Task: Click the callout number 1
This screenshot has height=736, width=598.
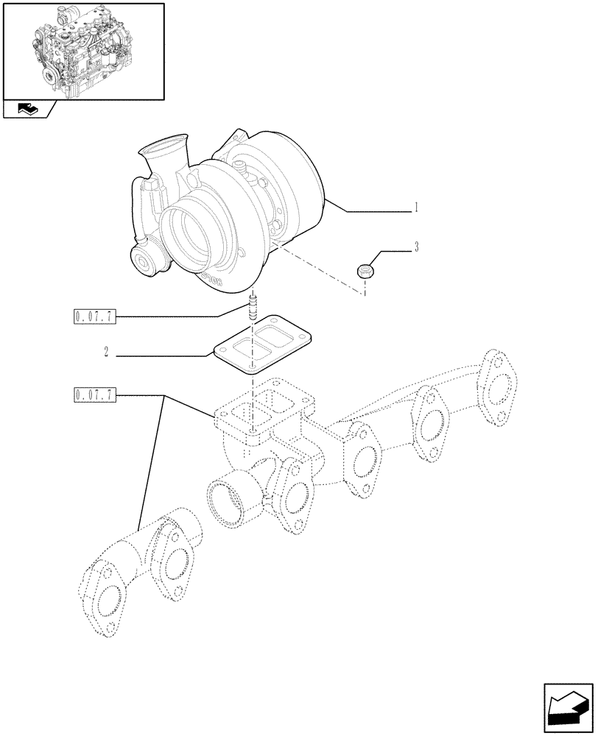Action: [x=416, y=208]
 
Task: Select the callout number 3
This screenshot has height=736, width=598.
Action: [x=416, y=247]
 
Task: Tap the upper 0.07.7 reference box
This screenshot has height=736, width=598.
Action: [x=95, y=317]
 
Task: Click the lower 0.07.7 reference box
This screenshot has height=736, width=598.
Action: [x=95, y=396]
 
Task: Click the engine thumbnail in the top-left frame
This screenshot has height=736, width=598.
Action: [x=82, y=50]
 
